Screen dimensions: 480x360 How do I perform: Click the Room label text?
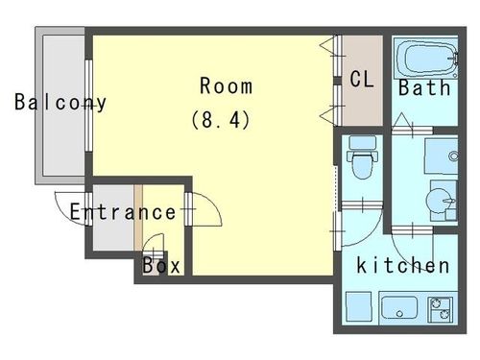[226, 85]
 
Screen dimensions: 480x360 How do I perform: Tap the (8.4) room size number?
[221, 120]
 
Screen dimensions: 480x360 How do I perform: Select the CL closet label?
[362, 79]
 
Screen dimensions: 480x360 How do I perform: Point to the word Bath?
[424, 87]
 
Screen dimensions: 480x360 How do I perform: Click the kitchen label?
[403, 265]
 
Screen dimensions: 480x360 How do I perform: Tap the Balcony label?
[60, 103]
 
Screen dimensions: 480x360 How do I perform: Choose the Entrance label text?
[123, 212]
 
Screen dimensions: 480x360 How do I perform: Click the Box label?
[161, 265]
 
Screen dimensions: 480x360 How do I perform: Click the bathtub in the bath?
[425, 59]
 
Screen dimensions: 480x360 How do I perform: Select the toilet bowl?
[362, 165]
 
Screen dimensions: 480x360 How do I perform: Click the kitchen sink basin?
[399, 308]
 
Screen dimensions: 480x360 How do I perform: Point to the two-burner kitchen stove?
[441, 309]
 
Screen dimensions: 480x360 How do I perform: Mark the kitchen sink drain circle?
[399, 314]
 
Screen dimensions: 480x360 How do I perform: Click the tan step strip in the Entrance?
[138, 218]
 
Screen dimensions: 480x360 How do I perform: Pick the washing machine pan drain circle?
[453, 156]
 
